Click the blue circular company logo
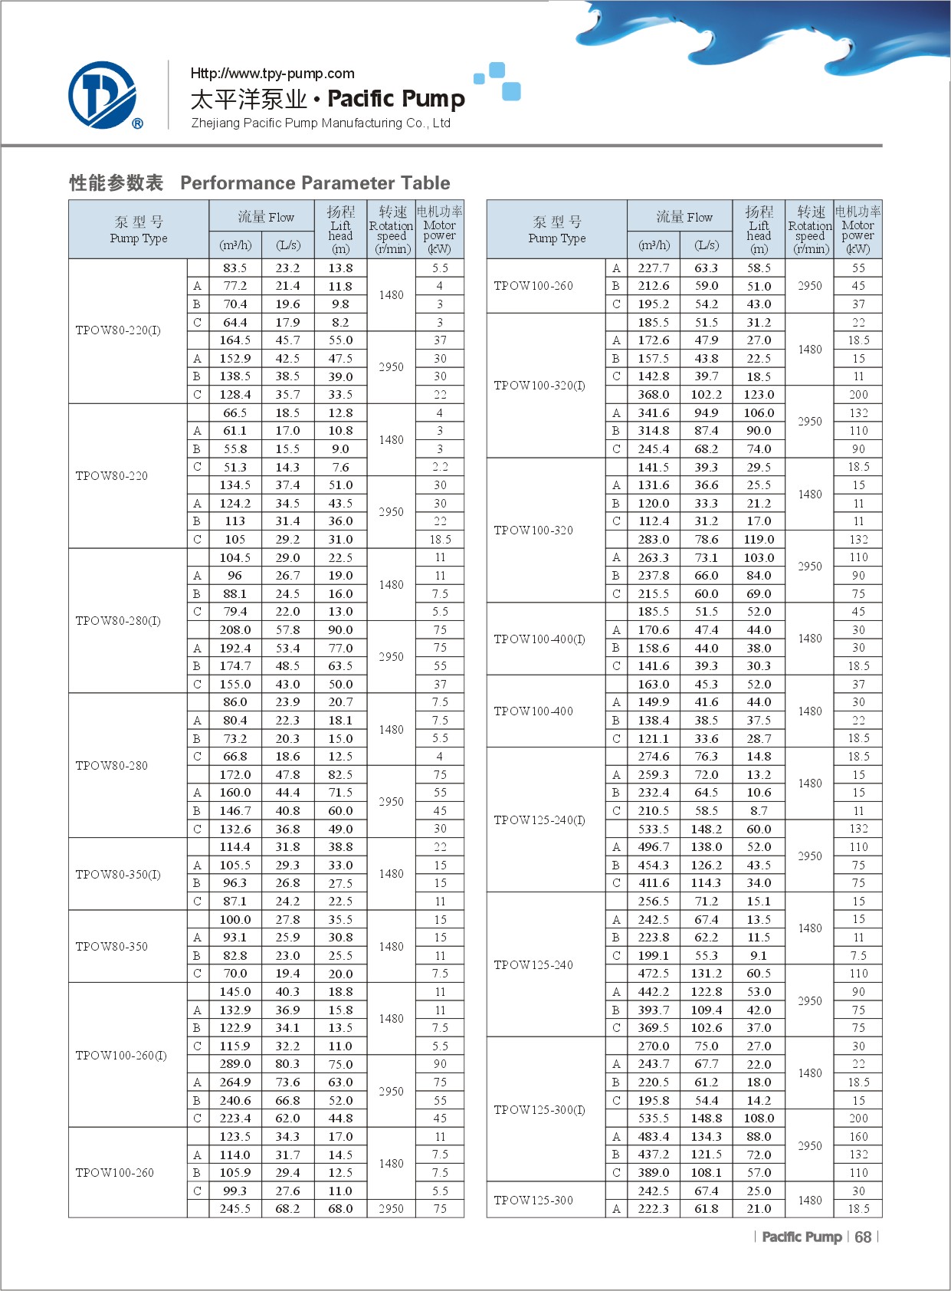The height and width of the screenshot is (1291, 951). tap(103, 95)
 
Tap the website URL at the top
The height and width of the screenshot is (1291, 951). tap(272, 74)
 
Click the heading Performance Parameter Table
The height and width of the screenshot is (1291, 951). tap(315, 183)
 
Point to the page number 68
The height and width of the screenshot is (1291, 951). tap(863, 1237)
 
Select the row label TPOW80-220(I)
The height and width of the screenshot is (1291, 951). tap(118, 330)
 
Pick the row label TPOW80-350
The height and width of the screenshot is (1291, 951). tap(112, 947)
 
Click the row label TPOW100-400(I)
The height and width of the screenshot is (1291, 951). tap(539, 639)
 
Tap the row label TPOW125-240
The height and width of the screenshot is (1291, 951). tap(533, 965)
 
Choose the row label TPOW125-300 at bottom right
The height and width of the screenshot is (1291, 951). tap(533, 1201)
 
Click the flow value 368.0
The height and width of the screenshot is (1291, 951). tap(654, 395)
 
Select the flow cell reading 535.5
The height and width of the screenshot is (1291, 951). tap(654, 1119)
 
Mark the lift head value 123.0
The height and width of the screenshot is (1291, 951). tap(759, 395)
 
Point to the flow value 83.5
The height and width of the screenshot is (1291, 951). tap(235, 268)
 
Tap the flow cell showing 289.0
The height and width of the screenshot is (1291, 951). tap(235, 1064)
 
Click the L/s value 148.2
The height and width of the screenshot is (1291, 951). tap(706, 829)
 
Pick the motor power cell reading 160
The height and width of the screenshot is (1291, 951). tap(858, 1137)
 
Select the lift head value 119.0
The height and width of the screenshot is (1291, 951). tap(759, 540)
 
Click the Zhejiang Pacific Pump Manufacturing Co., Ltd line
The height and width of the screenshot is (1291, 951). tap(320, 123)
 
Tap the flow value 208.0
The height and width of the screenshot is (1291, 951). tap(235, 630)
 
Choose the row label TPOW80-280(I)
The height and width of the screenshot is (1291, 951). tap(118, 621)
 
